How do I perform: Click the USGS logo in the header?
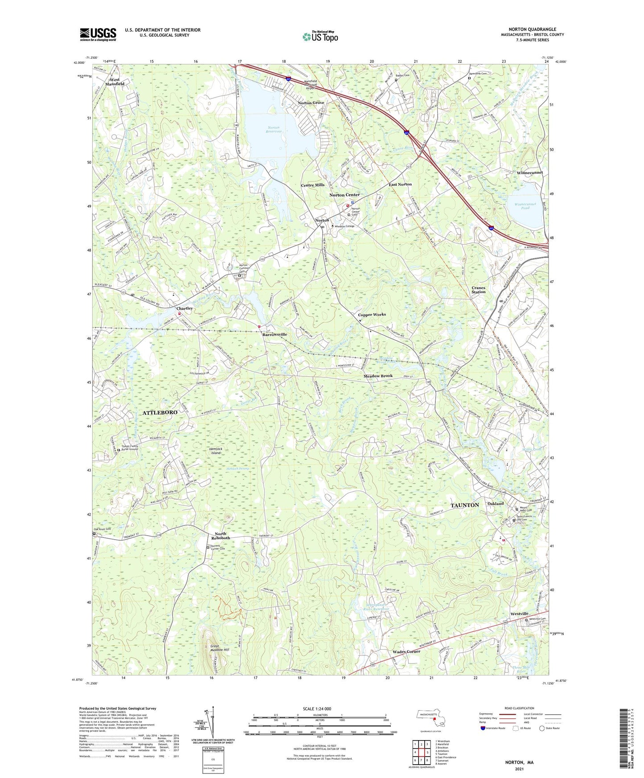coord(98,34)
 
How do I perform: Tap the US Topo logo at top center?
coord(320,37)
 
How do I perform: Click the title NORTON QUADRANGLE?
coord(532,29)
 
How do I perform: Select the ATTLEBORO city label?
coord(160,413)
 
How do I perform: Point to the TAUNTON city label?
coord(464,505)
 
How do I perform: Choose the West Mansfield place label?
coord(115,82)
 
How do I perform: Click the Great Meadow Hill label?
coord(219,648)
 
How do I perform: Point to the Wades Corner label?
coord(406,651)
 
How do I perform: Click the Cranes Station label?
coord(478,290)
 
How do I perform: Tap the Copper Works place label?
coord(372,315)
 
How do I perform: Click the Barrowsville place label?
coord(275,334)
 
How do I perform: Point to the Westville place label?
coord(519,614)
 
